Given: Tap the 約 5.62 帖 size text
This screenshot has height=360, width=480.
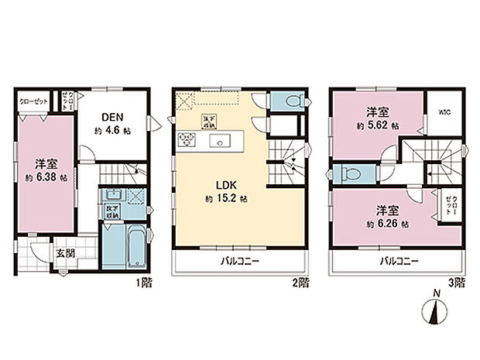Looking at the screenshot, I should tap(378, 125).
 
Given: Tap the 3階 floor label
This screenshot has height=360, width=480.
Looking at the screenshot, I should tap(461, 283).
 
